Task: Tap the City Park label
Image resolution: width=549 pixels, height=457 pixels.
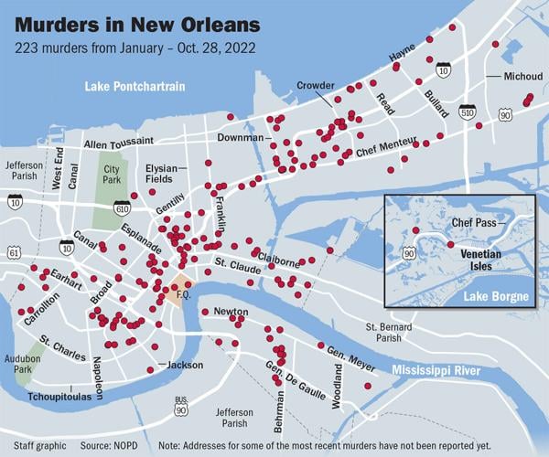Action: [113, 175]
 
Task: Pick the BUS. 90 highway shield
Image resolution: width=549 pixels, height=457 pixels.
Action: [181, 405]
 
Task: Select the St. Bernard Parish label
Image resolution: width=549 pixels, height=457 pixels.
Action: [395, 332]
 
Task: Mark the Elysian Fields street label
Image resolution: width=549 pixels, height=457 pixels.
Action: [166, 174]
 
